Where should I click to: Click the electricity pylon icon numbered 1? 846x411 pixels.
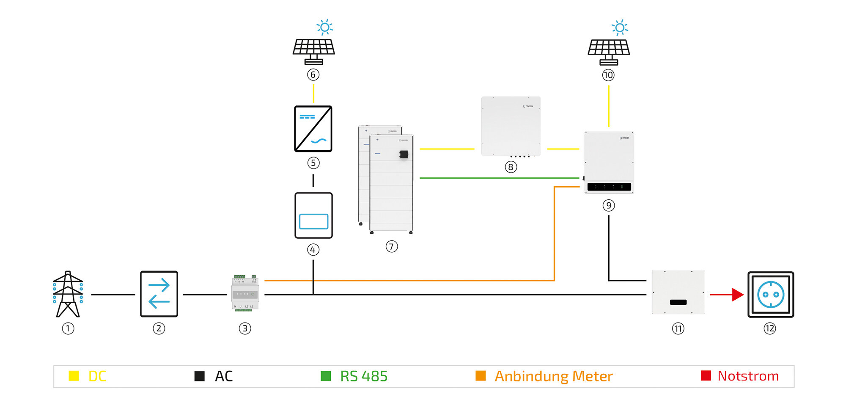pos(68,294)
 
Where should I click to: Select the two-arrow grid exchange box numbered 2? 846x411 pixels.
pos(159,294)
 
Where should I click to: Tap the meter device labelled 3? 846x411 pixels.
pos(245,293)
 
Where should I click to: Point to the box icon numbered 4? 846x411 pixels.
pos(313,215)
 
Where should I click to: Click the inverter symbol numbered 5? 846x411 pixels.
pos(313,129)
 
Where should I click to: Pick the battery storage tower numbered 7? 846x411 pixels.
pos(386,180)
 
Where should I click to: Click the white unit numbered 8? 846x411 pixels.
pos(511,126)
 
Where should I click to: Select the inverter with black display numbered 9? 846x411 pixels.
pos(609,163)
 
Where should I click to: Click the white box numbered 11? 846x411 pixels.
pos(678,292)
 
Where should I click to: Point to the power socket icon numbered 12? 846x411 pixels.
pos(771,295)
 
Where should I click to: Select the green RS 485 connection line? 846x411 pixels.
pos(499,178)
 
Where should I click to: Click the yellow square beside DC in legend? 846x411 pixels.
pos(74,376)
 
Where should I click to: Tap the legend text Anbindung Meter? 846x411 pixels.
pos(553,376)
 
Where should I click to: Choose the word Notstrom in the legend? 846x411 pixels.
pos(748,376)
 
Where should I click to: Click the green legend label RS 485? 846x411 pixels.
pos(364,376)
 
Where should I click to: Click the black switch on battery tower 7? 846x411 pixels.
pos(404,154)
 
